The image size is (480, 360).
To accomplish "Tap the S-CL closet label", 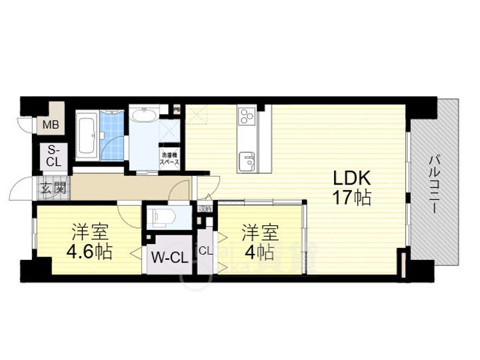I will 53,156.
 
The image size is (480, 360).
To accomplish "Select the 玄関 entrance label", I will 52,188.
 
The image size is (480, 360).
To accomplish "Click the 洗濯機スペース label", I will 169,158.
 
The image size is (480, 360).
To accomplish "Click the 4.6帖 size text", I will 89,253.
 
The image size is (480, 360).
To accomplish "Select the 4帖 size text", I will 259,253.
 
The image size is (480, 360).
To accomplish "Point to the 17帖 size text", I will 349,198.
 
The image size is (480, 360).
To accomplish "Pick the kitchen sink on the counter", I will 247,161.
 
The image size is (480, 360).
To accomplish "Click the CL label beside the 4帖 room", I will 206,251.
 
